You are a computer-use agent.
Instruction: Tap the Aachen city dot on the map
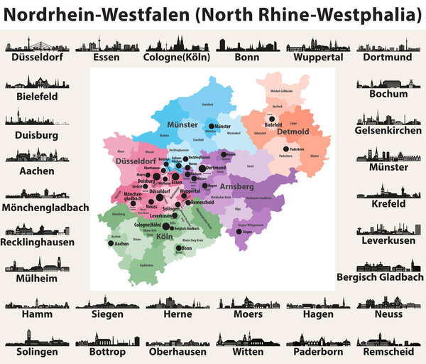click(111, 243)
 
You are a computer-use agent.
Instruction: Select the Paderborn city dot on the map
click(286, 149)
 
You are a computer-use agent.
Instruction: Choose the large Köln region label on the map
click(163, 237)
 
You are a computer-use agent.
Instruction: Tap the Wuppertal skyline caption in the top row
click(318, 58)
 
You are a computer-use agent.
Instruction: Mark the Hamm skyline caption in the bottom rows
click(37, 314)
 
